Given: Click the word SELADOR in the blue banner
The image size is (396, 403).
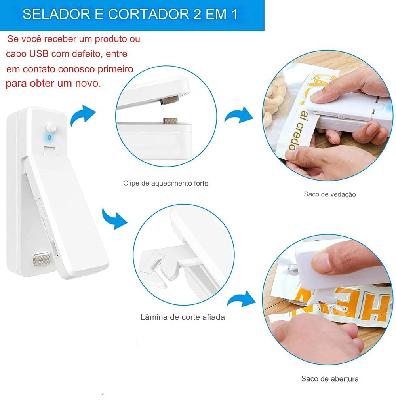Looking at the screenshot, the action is point(56,14).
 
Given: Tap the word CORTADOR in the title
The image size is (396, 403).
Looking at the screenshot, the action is point(148,14).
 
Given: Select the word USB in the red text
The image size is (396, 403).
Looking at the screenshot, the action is point(38,54).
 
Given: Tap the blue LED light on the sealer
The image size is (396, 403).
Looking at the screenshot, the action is point(49,137).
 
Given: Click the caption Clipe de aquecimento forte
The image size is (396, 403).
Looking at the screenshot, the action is point(166,183).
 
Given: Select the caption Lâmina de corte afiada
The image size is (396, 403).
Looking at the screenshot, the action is point(183,317).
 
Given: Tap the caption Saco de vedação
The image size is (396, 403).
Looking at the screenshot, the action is point(330,194).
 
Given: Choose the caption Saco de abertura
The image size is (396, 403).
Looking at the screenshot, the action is point(330,379).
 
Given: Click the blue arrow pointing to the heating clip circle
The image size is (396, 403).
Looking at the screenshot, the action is point(83,115).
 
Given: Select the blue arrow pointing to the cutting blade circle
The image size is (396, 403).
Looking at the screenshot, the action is point(114,219).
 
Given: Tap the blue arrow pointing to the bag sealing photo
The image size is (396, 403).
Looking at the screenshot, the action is point(239,116).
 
